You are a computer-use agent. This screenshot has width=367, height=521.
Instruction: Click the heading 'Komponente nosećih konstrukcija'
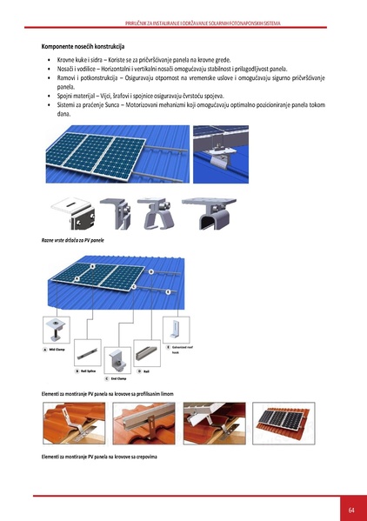point(83,44)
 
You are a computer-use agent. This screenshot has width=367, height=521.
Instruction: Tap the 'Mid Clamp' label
point(57,349)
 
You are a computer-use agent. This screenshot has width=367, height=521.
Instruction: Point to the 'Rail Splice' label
point(90,371)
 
